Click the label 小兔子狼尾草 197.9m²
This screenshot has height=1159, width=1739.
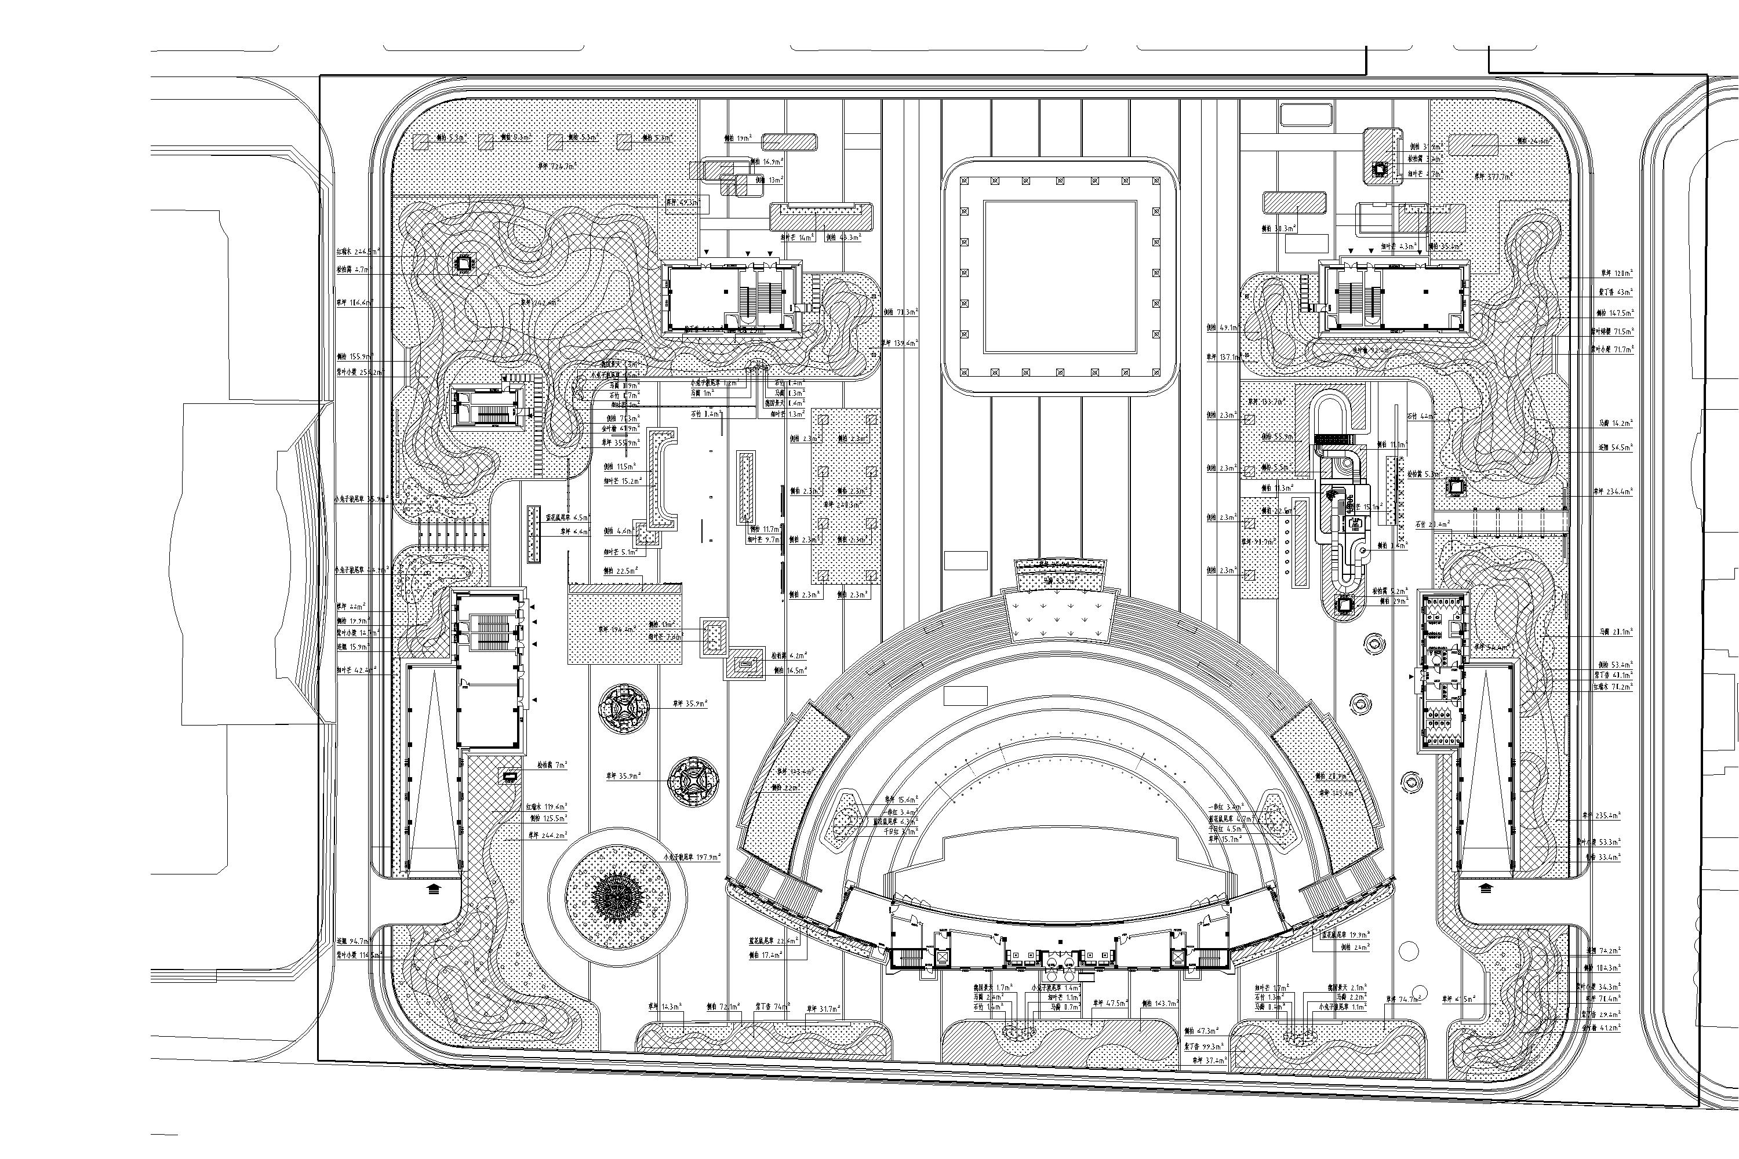(x=693, y=858)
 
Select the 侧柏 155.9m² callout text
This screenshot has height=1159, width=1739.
(x=355, y=356)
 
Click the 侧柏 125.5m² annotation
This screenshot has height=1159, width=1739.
(x=548, y=819)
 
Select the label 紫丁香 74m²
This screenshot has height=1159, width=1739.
(x=772, y=1007)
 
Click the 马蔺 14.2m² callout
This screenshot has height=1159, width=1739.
(x=1615, y=424)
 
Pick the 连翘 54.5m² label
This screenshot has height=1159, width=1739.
(x=1615, y=447)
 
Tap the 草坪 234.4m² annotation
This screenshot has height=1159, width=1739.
(x=1613, y=491)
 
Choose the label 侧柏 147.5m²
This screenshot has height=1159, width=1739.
(x=1615, y=314)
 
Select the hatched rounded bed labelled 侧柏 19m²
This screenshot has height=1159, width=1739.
(x=790, y=142)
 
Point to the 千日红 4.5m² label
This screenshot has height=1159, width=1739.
(x=1228, y=829)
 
